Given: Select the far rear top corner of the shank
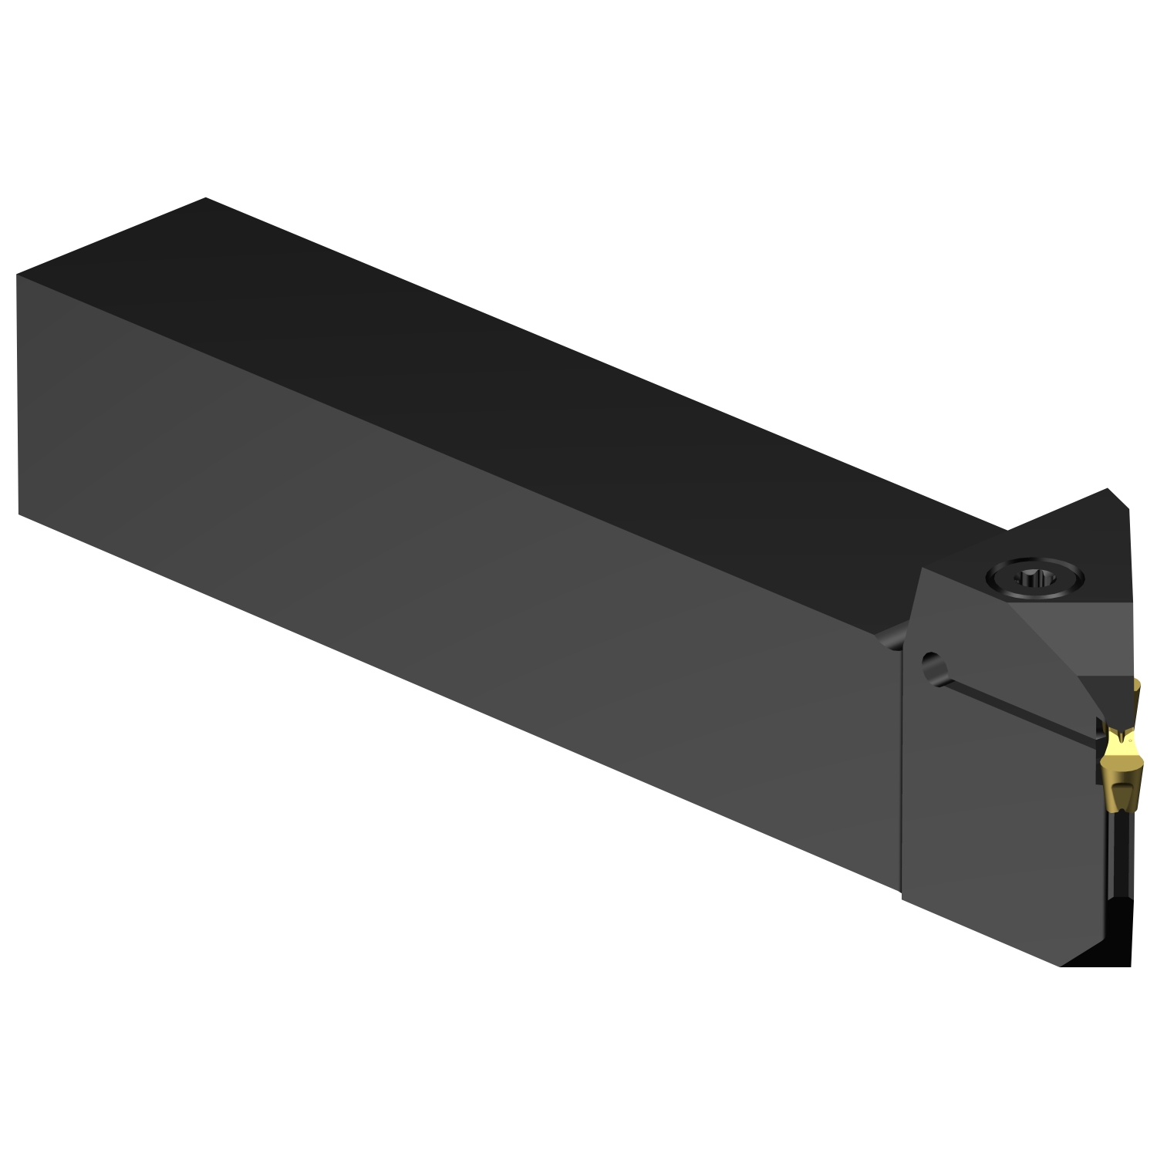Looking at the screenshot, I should (206, 198).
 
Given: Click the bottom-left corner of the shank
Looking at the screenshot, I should (19, 514).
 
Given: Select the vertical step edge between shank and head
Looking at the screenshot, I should (903, 771).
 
